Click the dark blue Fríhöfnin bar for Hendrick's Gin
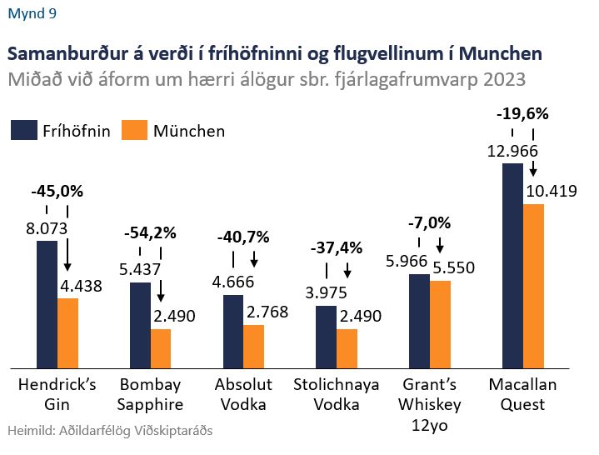[47, 304]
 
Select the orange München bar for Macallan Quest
[533, 285]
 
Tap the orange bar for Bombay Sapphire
[161, 347]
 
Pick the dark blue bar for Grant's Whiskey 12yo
[419, 320]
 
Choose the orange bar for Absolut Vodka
[254, 346]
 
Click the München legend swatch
[134, 131]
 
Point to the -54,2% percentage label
[150, 234]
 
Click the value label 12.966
[512, 151]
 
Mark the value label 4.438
[82, 286]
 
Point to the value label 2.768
[268, 312]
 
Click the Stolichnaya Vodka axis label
[337, 395]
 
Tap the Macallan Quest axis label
[523, 395]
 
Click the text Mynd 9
[32, 13]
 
